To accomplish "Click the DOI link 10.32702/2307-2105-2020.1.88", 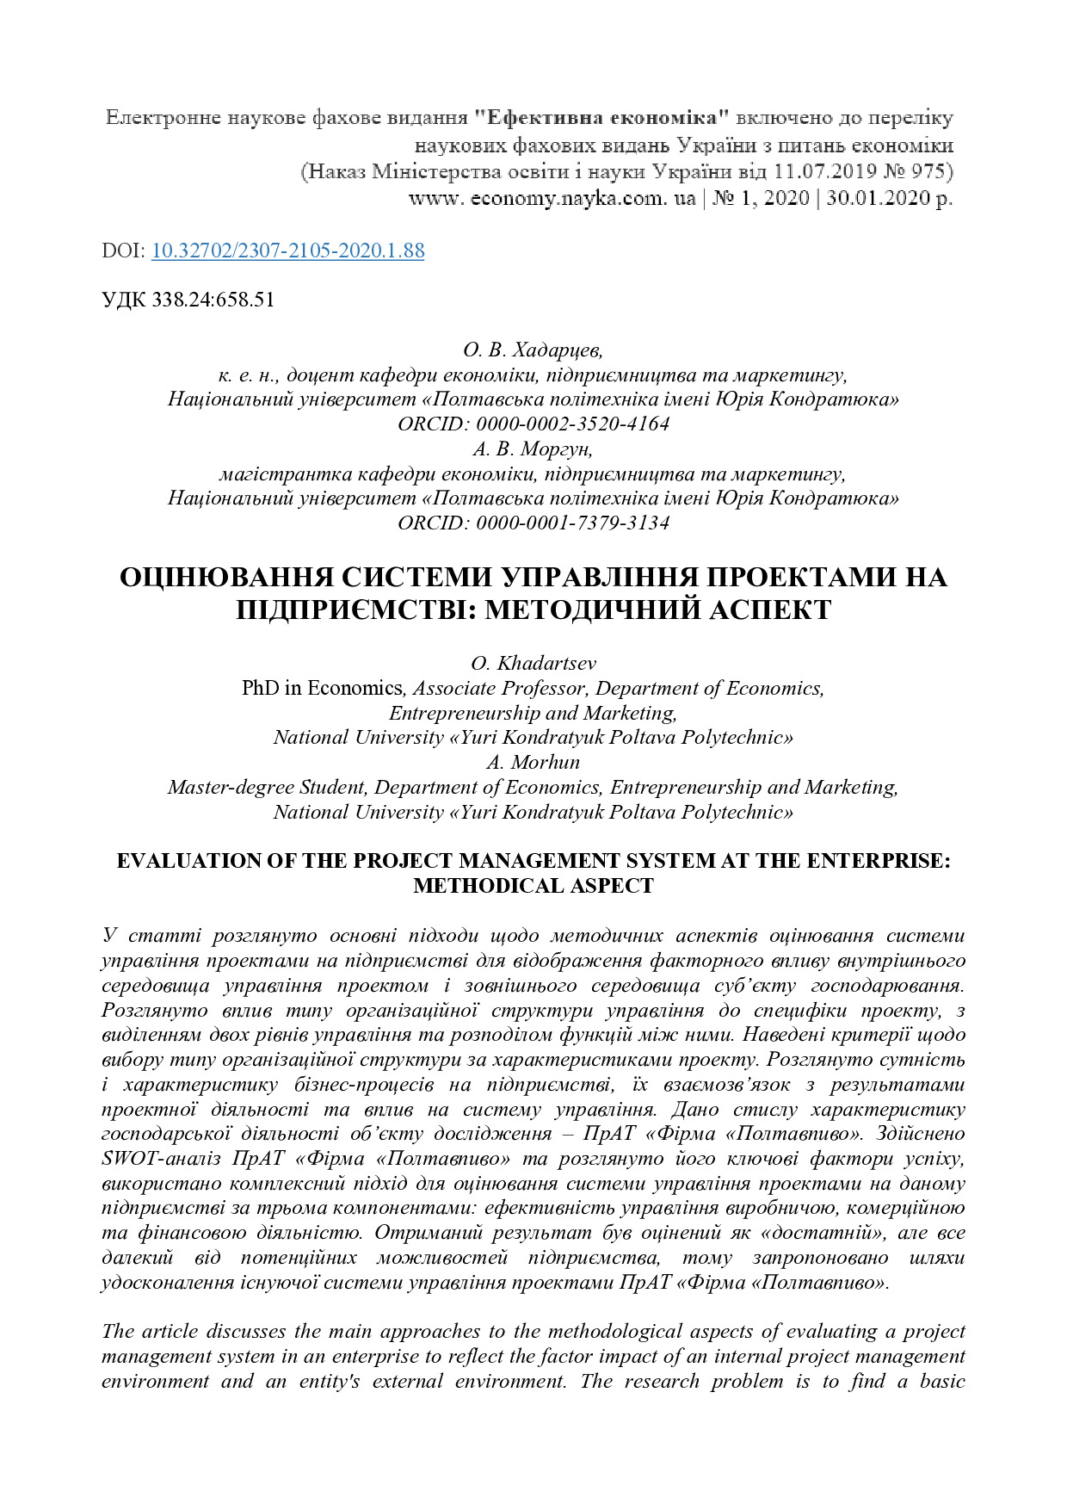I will pos(287,251).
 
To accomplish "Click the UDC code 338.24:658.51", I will pos(213,300).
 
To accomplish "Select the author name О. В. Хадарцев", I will pos(533,350).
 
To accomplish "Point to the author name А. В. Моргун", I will pos(533,449).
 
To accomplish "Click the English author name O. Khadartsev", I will pos(533,663).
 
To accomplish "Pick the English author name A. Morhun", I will pos(533,762).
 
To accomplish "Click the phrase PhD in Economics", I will pos(322,688).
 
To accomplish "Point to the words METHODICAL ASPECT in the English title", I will pos(533,885).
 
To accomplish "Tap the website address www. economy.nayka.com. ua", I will pos(552,198).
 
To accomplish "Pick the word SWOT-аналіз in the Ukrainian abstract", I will pos(161,1158).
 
